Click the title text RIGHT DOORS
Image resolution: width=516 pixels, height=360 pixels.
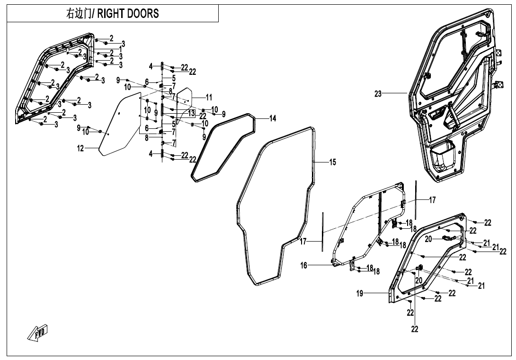[x=128, y=14]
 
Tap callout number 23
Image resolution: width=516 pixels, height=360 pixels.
[x=378, y=94]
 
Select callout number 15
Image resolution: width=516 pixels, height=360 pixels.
[x=333, y=162]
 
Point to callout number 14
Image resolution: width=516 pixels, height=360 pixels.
[x=273, y=118]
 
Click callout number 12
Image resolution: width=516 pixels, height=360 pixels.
[x=80, y=149]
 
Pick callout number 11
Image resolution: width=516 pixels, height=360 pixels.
[x=209, y=97]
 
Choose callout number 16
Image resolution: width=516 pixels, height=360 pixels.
[x=304, y=266]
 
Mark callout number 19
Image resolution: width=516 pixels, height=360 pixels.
[x=360, y=294]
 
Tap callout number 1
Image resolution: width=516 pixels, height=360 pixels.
[x=121, y=49]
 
